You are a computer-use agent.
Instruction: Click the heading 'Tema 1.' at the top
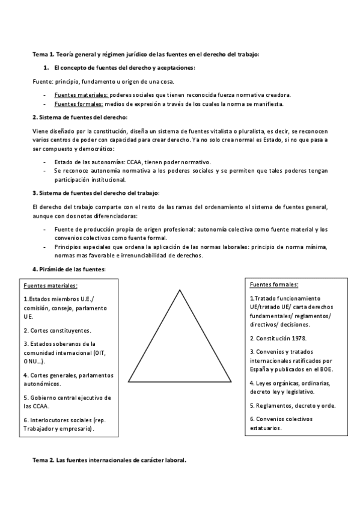point(44,54)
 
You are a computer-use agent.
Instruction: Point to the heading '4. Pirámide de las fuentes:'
point(69,269)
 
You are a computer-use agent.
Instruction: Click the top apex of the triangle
point(180,290)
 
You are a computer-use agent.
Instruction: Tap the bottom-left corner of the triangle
point(129,381)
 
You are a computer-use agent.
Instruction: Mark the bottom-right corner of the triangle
point(231,381)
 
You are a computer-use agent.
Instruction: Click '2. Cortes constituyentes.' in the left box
point(57,330)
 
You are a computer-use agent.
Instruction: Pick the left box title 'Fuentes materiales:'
point(50,286)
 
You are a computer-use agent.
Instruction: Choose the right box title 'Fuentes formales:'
point(273,284)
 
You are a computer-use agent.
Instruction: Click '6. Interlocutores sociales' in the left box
point(63,420)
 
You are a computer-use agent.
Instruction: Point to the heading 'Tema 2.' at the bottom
point(43,460)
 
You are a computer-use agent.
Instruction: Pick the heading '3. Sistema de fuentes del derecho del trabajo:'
point(96,192)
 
